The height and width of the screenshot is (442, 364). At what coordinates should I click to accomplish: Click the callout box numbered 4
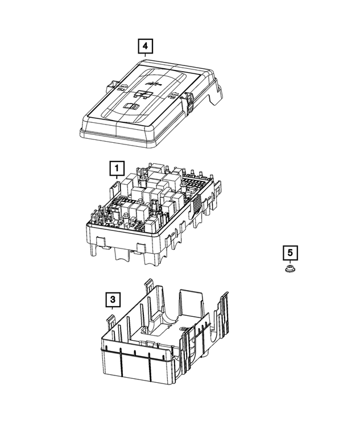click(x=145, y=44)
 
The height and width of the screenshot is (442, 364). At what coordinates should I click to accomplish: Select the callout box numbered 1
click(x=116, y=168)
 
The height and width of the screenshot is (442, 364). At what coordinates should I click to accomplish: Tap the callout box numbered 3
click(x=112, y=299)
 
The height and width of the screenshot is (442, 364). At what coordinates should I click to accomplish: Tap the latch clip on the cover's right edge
click(x=188, y=102)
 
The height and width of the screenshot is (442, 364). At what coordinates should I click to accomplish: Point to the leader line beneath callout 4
click(x=145, y=54)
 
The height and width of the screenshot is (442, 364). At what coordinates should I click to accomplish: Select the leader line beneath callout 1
click(x=116, y=178)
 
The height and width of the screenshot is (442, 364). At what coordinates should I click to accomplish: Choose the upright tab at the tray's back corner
click(x=150, y=287)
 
